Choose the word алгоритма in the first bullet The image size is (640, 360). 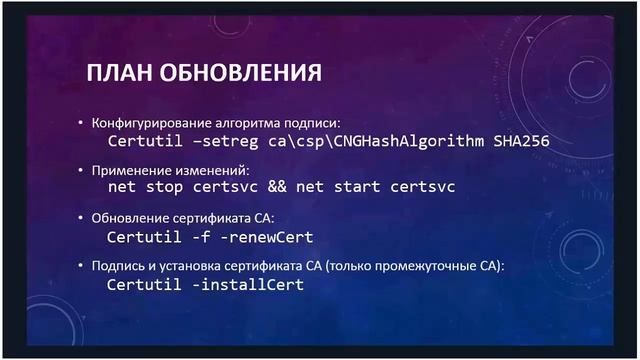pyautogui.click(x=248, y=122)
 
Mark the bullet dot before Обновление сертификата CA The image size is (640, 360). pyautogui.click(x=82, y=218)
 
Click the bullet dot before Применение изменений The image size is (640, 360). pyautogui.click(x=82, y=170)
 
